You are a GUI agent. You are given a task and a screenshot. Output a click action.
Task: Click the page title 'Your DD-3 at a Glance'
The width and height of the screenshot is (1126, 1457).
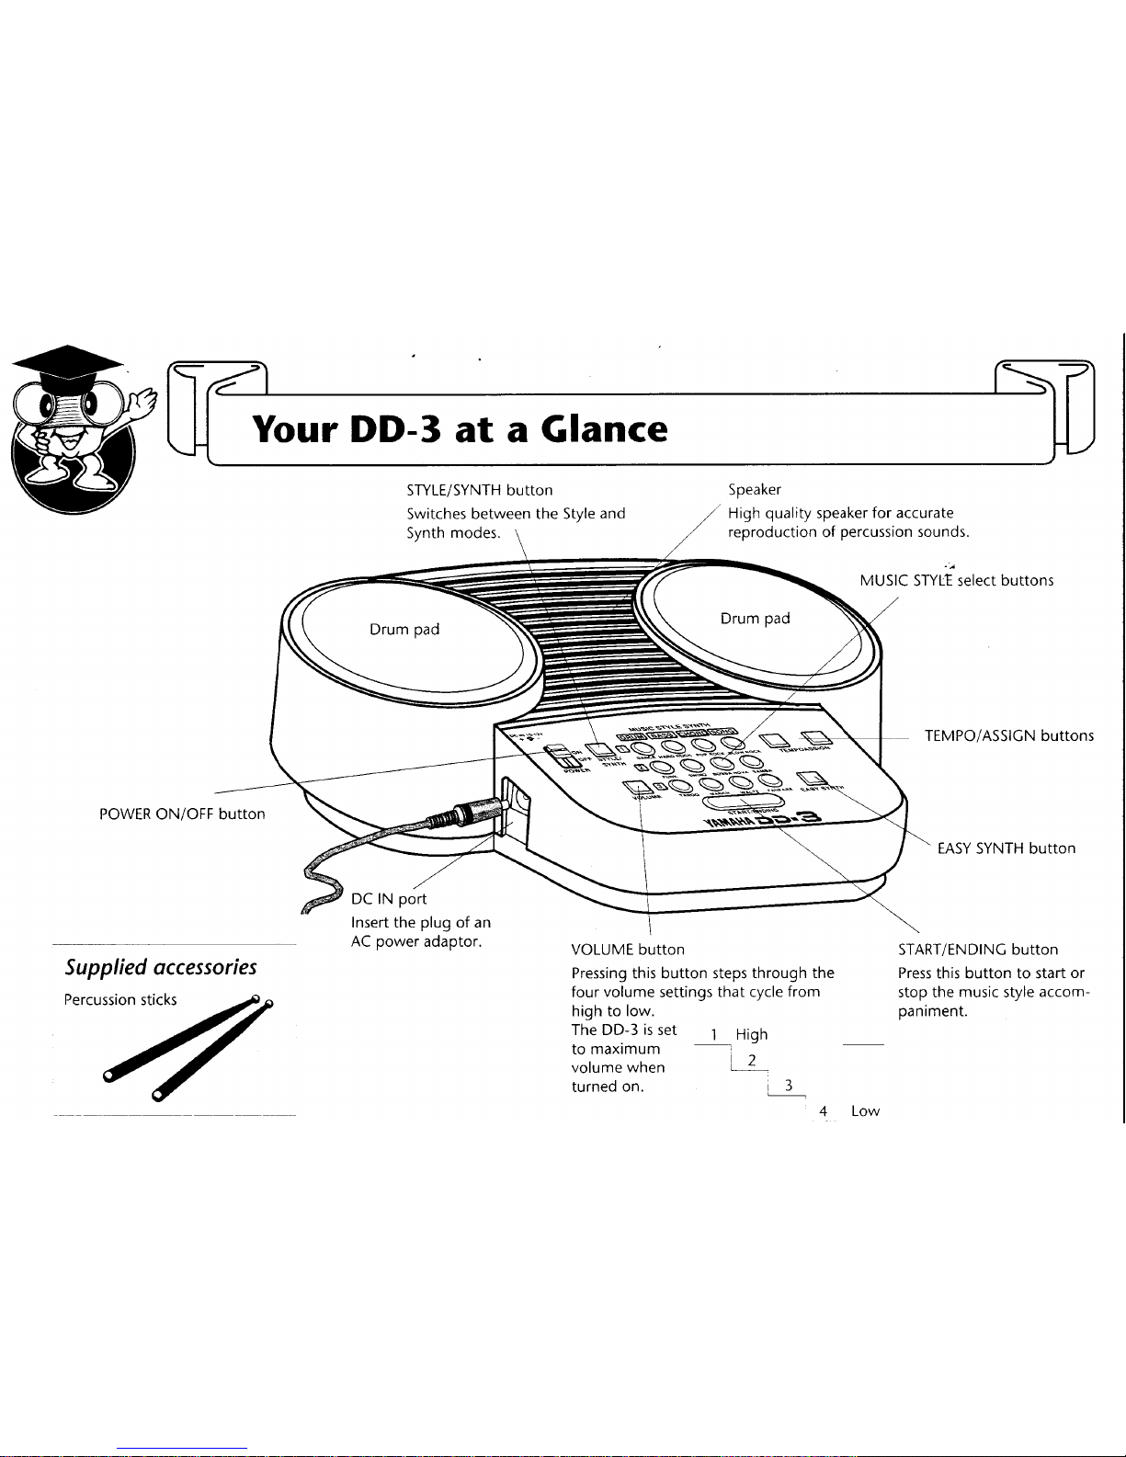(460, 429)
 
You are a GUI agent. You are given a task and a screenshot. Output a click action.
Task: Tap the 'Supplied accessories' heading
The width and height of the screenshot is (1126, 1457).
(161, 967)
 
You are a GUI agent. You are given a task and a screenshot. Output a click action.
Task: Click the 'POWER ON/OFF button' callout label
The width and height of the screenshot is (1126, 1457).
(182, 814)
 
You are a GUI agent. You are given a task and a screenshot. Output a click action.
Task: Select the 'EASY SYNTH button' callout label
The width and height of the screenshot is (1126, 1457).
(1007, 848)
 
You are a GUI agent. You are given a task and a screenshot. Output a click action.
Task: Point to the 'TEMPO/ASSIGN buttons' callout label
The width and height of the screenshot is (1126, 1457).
(1009, 735)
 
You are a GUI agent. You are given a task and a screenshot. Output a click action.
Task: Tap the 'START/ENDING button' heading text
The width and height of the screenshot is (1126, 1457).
(978, 950)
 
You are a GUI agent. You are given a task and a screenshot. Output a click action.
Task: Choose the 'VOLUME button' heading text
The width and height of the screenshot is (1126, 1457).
(628, 950)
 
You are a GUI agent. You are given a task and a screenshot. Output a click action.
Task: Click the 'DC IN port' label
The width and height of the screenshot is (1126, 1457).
(389, 899)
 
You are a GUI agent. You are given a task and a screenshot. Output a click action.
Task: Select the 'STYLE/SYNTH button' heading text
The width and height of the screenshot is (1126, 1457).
(480, 490)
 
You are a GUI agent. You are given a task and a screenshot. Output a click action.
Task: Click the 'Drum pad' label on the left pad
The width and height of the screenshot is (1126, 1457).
(404, 630)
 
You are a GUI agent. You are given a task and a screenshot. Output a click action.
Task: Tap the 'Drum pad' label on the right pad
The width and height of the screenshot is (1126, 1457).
(756, 619)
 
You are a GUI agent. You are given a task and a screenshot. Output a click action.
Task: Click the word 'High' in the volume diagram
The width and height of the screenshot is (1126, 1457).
(752, 1034)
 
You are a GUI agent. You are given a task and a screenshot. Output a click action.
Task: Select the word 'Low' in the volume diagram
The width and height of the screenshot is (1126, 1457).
(865, 1111)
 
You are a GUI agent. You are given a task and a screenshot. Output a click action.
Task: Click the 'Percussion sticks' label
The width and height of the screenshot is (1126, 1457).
(120, 1000)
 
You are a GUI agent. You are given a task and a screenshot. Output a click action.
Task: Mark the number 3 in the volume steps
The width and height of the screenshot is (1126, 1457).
(789, 1086)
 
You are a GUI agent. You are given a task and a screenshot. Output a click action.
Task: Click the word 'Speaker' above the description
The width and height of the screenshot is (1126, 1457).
(755, 490)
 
